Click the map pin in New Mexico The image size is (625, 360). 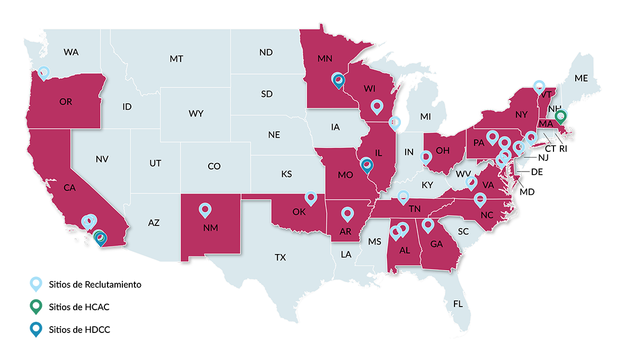[x=205, y=210]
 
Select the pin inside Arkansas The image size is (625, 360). [x=347, y=213]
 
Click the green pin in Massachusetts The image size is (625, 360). [x=561, y=115]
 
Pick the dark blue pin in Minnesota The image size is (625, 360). [x=338, y=79]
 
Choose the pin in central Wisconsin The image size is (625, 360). [x=377, y=106]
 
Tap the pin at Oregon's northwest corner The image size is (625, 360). [x=44, y=72]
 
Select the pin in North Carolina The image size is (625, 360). [x=480, y=200]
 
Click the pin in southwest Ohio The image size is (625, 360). [x=425, y=157]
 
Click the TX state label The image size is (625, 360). [x=280, y=257]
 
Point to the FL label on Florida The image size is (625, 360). [x=458, y=304]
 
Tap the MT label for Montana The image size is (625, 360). [x=176, y=59]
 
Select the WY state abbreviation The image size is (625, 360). [x=196, y=113]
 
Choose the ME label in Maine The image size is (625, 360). [x=581, y=78]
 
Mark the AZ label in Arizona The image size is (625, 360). [x=154, y=223]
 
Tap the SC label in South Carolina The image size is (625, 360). [x=463, y=231]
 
